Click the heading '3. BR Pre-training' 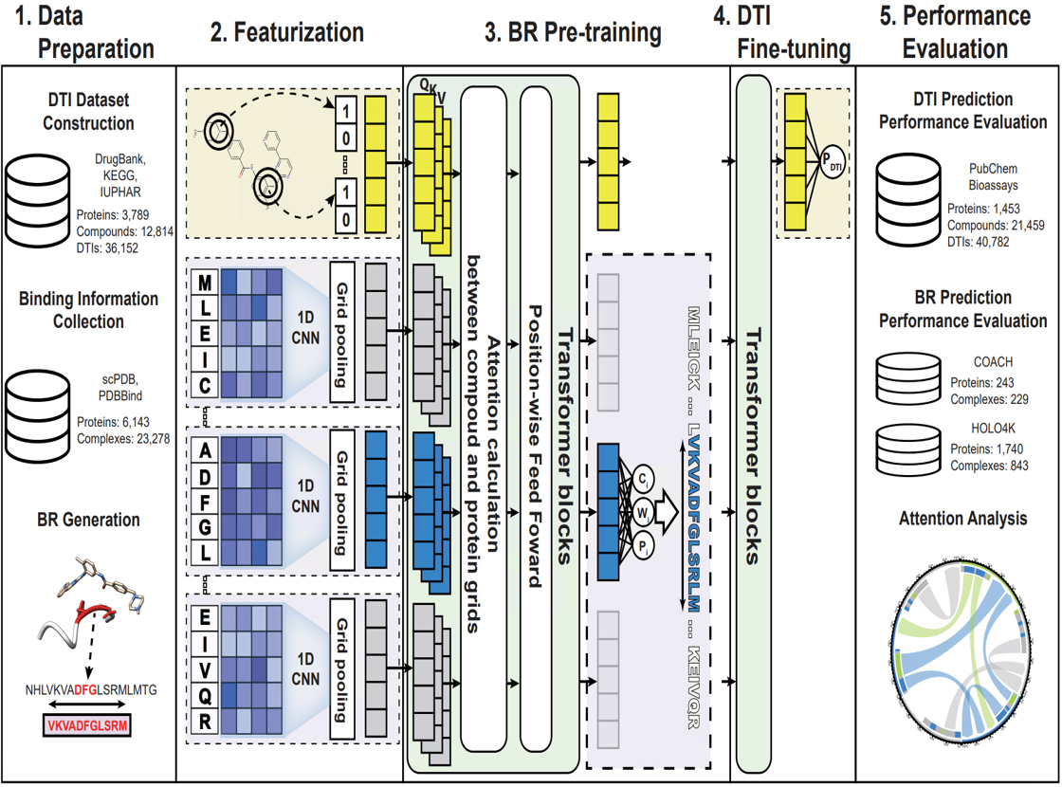[573, 33]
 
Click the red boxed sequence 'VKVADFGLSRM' [88, 727]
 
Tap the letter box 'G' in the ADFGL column [205, 524]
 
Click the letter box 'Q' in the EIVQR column [205, 697]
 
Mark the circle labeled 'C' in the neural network [644, 477]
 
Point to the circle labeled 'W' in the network [644, 513]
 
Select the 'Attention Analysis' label [962, 519]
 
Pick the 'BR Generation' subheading [88, 520]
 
